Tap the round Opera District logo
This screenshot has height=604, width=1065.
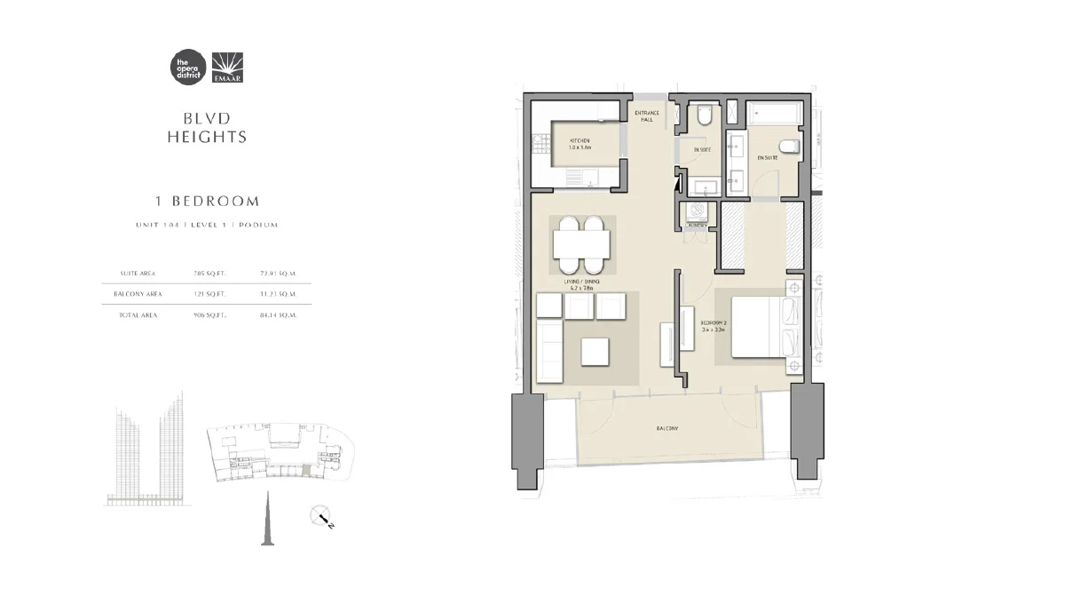(186, 68)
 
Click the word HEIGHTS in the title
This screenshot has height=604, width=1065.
(207, 138)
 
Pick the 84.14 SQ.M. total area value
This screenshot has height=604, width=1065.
(278, 315)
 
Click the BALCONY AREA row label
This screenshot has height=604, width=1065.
(132, 294)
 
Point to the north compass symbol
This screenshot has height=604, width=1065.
(320, 516)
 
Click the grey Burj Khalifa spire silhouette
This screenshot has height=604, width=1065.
(264, 522)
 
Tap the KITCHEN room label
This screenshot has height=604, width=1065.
(580, 141)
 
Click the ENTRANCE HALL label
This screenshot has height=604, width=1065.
(645, 116)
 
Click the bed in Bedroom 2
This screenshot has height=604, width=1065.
(761, 328)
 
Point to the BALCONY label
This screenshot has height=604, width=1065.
(667, 429)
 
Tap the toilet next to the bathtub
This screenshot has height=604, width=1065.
(788, 146)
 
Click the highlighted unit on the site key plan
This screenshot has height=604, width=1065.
(307, 474)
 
